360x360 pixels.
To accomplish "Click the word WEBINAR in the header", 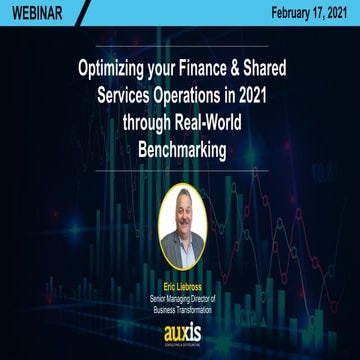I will pos(38,13).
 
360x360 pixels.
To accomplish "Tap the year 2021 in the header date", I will pos(334,13).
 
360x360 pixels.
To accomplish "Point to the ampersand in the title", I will pos(256,72).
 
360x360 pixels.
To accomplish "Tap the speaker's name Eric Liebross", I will pos(180,286).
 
